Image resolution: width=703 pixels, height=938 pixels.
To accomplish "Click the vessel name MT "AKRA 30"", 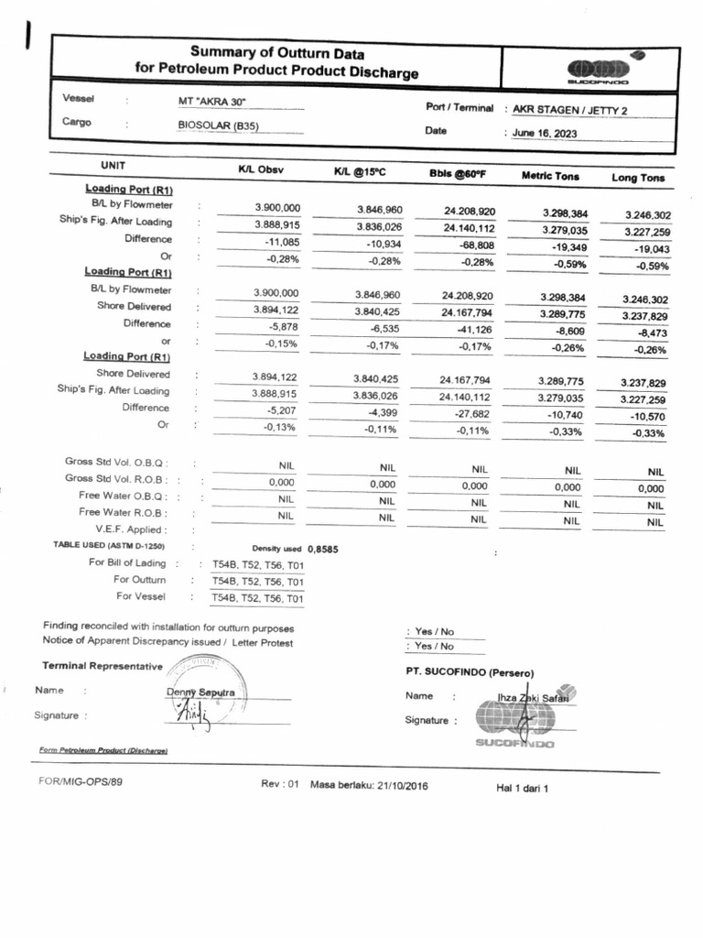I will (212, 102).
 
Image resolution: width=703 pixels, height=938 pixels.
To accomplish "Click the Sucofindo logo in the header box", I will (600, 71).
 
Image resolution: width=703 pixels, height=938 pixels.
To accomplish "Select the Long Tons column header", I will (637, 178).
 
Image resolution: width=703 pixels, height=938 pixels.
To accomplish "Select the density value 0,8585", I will (323, 550).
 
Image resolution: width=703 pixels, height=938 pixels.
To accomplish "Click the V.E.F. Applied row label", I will (131, 529).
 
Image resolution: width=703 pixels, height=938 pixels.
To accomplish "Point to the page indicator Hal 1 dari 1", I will (521, 787).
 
